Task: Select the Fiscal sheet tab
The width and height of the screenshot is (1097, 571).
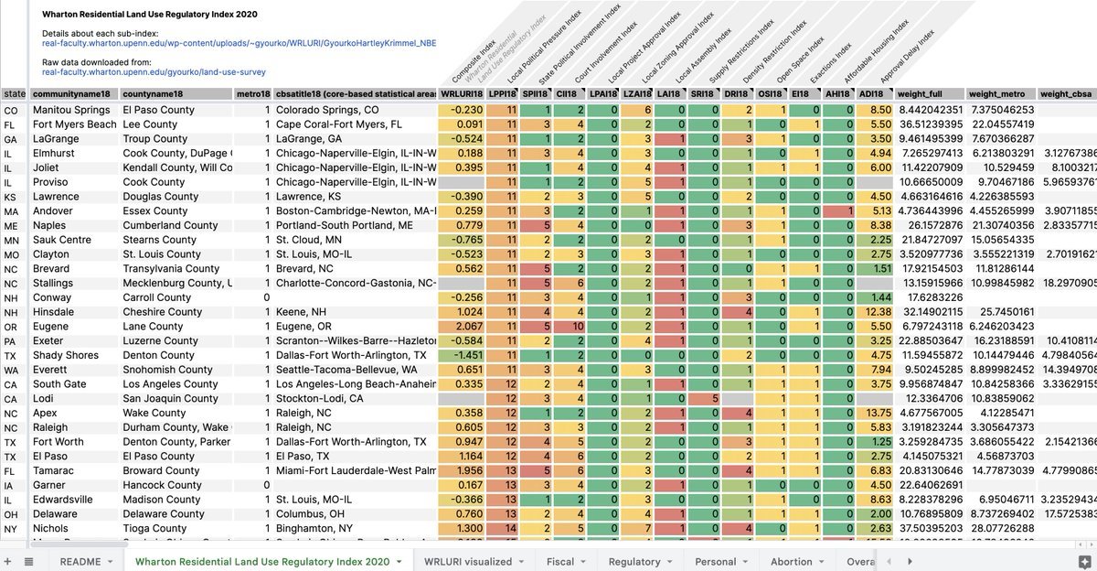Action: (559, 561)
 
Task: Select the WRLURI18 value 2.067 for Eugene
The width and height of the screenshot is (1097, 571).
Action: (463, 326)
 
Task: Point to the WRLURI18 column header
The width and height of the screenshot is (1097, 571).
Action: (462, 94)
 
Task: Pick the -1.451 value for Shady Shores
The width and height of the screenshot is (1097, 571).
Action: (463, 355)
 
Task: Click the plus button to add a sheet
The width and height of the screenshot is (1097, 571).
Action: (8, 561)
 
